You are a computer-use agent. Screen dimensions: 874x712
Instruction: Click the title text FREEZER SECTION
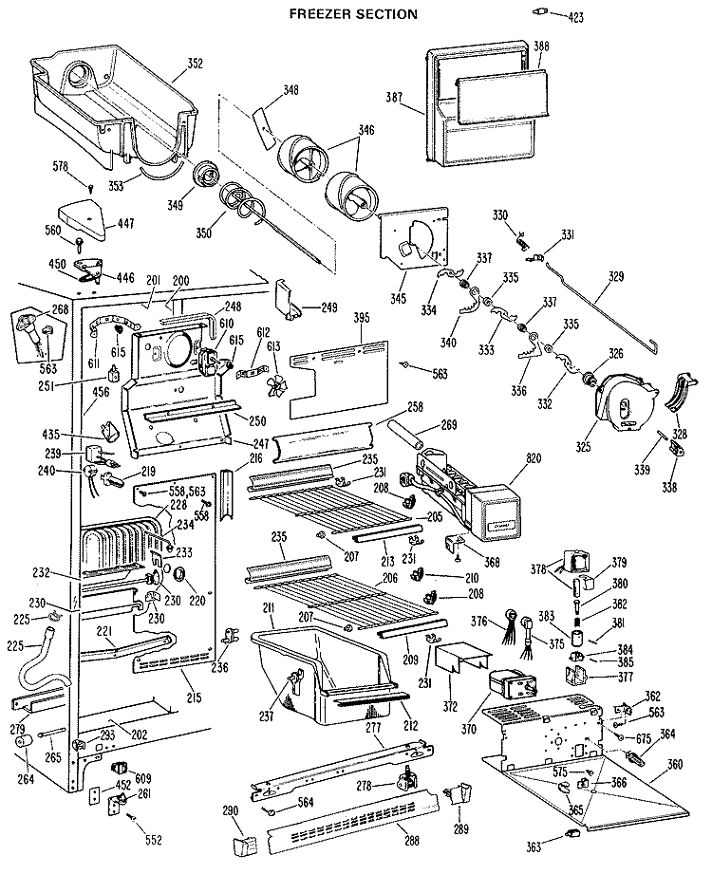coord(353,14)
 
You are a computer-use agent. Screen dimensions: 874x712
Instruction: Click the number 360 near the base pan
coord(676,764)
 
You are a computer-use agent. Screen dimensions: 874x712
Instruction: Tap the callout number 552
coord(154,840)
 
